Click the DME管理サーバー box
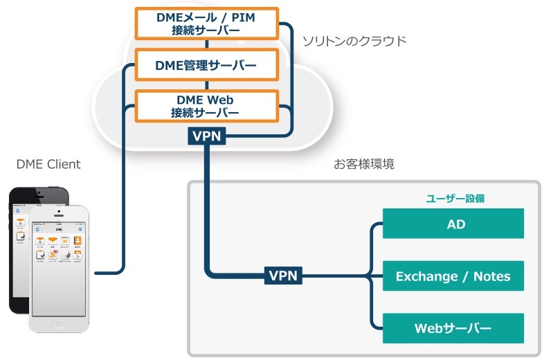point(206,66)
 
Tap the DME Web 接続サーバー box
point(206,106)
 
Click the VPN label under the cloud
point(207,136)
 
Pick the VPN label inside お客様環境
point(283,276)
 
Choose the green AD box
point(453,224)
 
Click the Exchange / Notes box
point(453,276)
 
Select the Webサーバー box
point(453,327)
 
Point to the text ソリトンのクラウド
point(354,41)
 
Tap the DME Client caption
point(48,164)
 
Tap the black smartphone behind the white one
point(17,256)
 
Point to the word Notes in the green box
point(492,276)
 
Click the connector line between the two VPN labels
point(207,208)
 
